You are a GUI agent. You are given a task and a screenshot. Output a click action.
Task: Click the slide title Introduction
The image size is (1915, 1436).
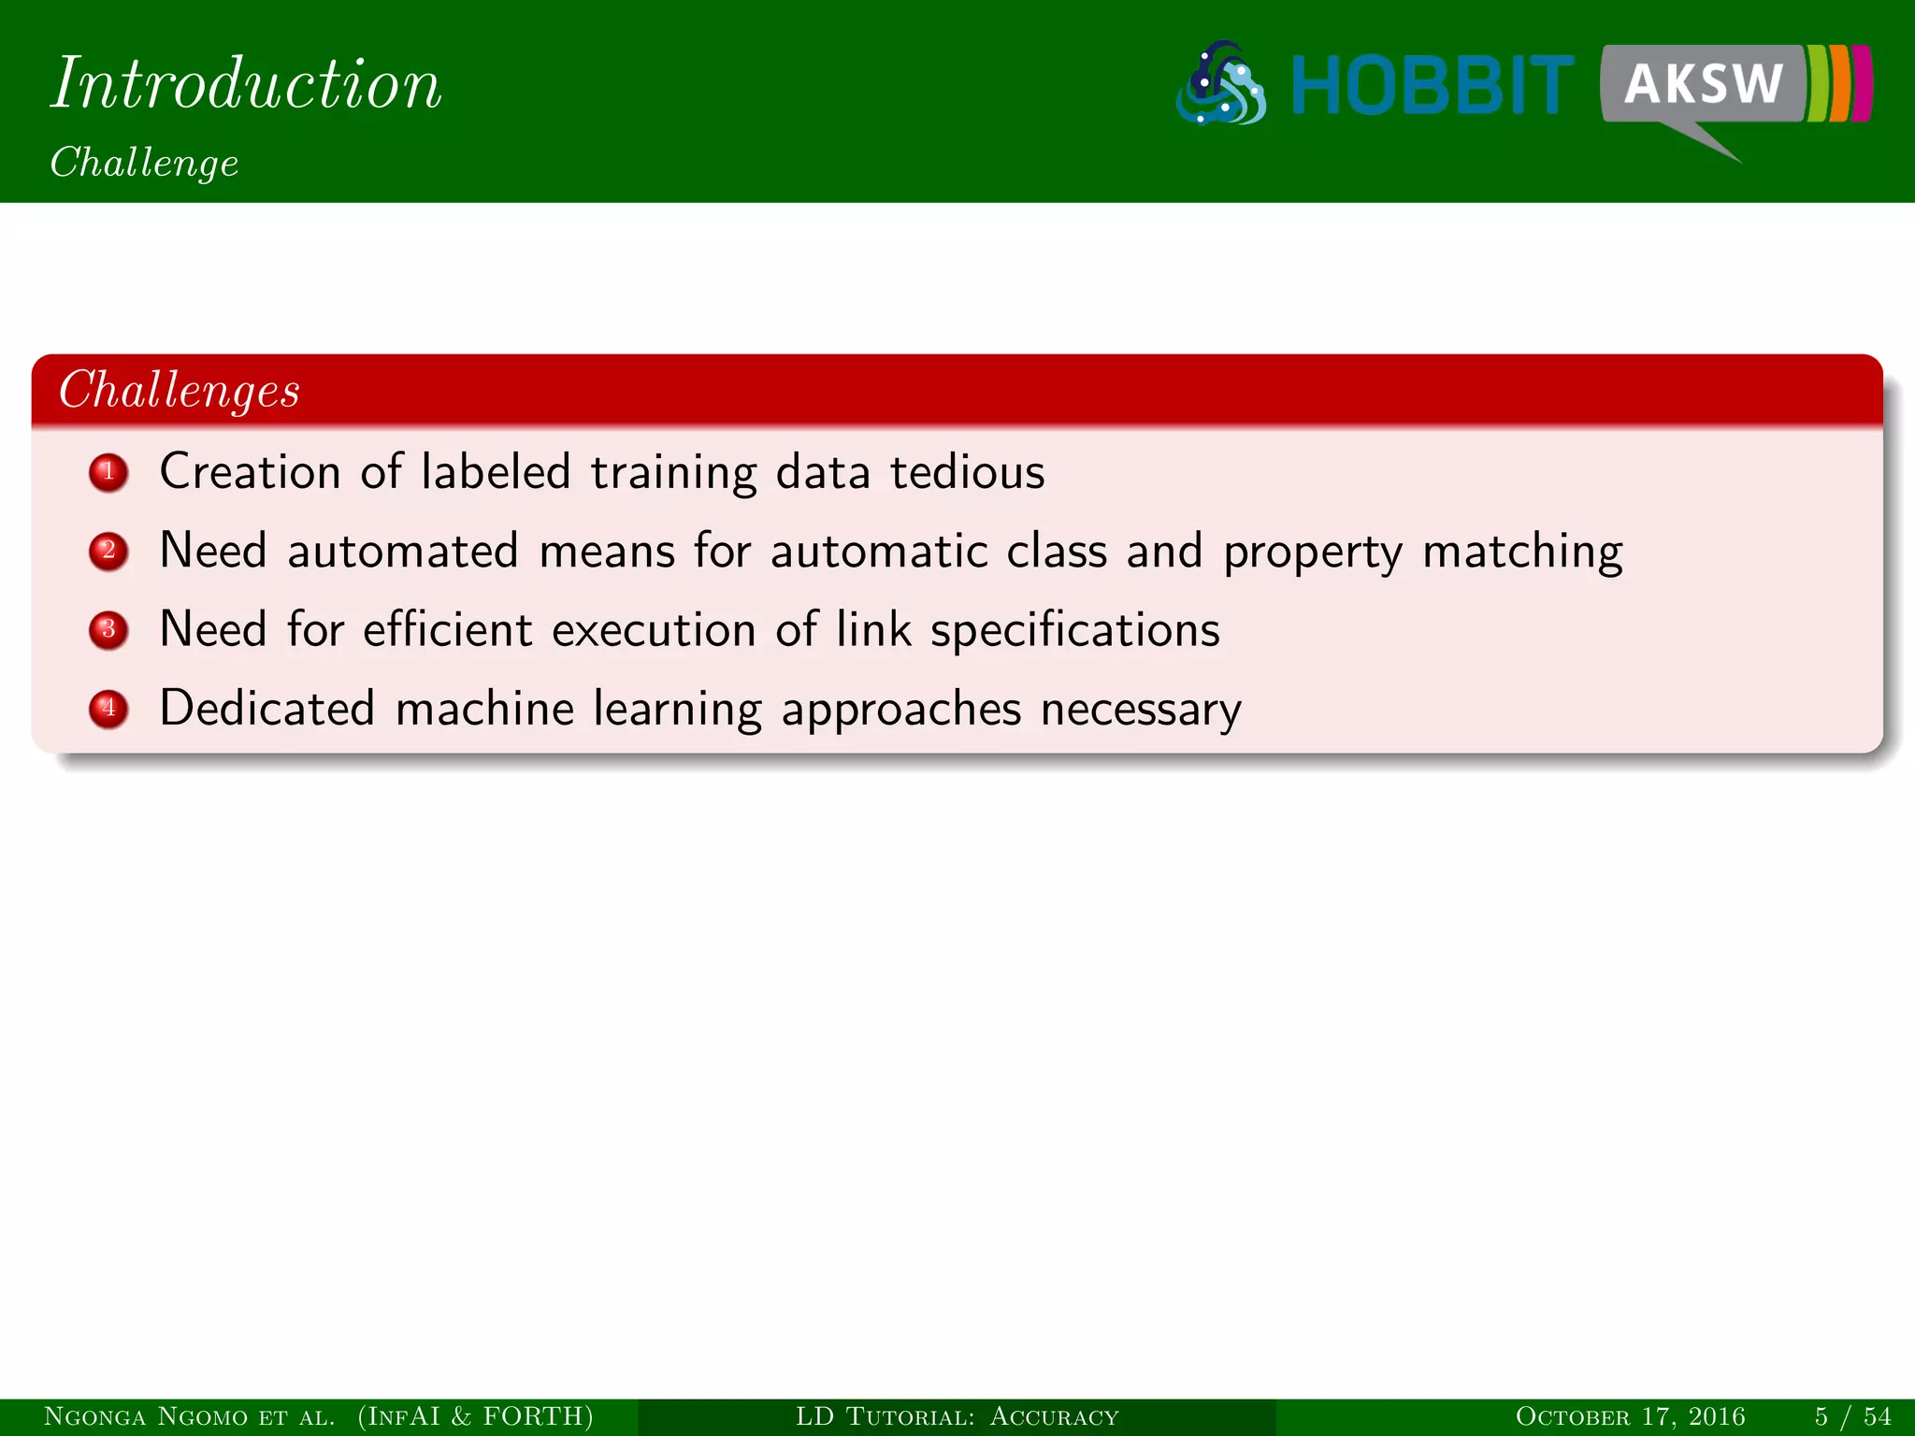[x=246, y=84]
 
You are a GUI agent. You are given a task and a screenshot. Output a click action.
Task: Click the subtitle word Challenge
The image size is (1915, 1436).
[x=145, y=163]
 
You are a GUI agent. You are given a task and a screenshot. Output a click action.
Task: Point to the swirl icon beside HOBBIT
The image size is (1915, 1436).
[x=1221, y=84]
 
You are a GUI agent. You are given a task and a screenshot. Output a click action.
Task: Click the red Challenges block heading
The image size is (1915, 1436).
[x=180, y=390]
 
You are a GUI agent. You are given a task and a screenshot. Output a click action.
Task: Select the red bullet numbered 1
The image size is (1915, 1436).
[x=108, y=472]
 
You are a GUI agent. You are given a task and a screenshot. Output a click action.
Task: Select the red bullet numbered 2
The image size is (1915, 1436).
[x=108, y=551]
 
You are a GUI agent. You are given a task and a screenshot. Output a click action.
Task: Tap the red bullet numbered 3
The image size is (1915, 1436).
[x=108, y=629]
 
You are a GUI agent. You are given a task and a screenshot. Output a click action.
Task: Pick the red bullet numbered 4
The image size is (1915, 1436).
[x=108, y=708]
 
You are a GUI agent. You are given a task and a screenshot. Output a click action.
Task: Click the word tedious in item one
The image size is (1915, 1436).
[x=967, y=472]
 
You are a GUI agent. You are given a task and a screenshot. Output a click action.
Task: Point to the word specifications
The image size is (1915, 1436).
[x=1074, y=630]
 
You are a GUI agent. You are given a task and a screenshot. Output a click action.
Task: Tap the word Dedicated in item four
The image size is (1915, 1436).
[x=267, y=708]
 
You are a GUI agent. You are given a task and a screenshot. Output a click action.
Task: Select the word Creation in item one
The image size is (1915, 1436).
[x=250, y=472]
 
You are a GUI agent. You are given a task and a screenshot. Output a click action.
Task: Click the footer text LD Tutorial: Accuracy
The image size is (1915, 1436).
[x=957, y=1416]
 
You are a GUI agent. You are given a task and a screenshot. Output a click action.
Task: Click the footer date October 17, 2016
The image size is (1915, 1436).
[x=1630, y=1416]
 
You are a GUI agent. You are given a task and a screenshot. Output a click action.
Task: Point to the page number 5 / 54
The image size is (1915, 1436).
[x=1852, y=1416]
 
